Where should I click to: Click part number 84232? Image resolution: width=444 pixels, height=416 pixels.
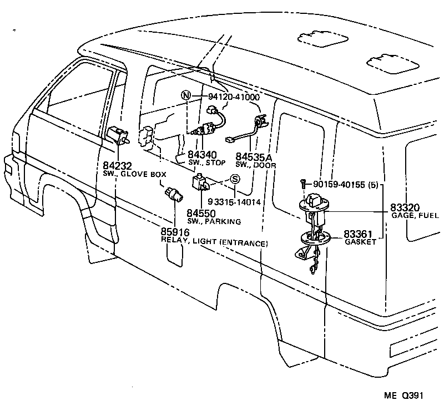tap(117, 166)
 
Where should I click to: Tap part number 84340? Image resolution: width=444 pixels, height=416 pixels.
tap(202, 155)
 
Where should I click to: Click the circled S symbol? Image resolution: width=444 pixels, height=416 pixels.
tap(234, 179)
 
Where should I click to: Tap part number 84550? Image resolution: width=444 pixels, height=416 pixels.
tap(201, 213)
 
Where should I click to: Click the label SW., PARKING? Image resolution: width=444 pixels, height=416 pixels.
tap(213, 221)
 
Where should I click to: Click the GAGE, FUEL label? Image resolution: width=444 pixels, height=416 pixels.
tap(416, 215)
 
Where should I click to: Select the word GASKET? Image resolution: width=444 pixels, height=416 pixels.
tap(360, 242)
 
